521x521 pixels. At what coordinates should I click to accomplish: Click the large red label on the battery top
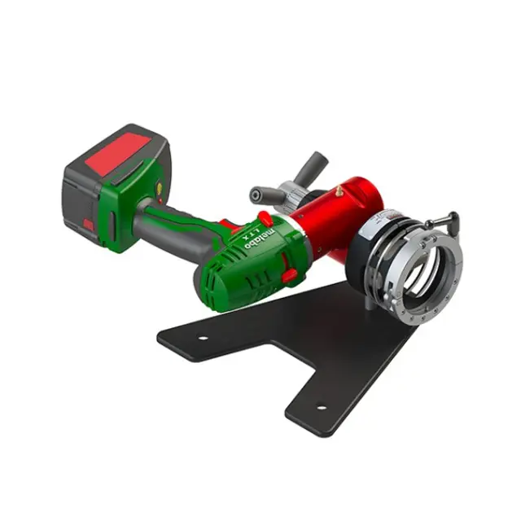point(120,151)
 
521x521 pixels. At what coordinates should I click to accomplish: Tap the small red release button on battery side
point(89,225)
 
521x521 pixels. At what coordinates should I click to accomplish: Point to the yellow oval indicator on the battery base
point(160,188)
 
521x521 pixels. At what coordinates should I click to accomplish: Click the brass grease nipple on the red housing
point(339,190)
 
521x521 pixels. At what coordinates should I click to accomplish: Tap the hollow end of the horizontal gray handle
point(256,194)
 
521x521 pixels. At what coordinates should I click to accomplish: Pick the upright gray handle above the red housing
point(312,169)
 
